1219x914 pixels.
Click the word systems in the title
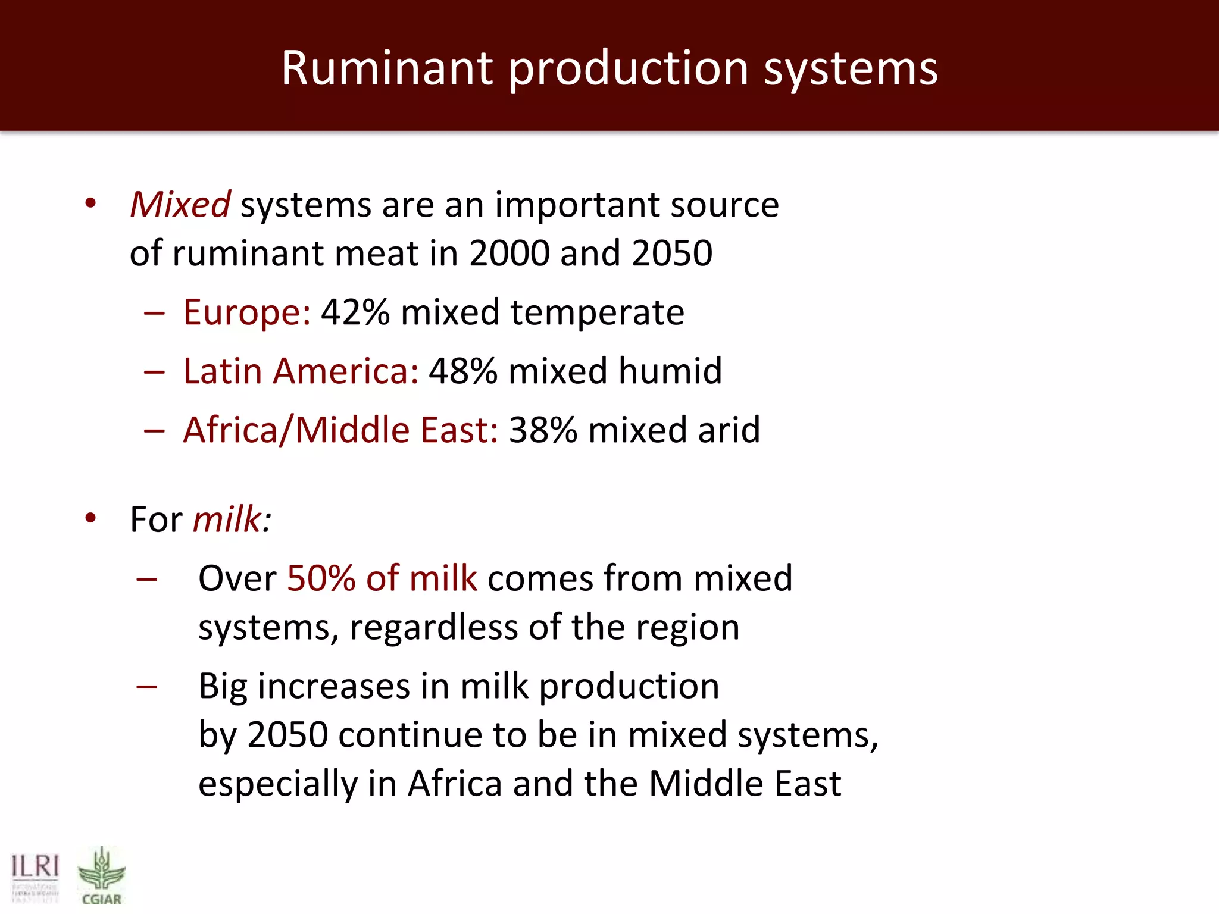[851, 69]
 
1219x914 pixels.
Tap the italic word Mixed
[180, 205]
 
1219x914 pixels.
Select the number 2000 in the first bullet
[509, 253]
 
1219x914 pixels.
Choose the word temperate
[597, 313]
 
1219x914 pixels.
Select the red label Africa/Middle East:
[340, 430]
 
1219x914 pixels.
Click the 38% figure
[543, 430]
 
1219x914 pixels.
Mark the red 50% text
[321, 578]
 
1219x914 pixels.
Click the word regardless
[433, 628]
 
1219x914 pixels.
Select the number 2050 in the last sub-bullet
[287, 735]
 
